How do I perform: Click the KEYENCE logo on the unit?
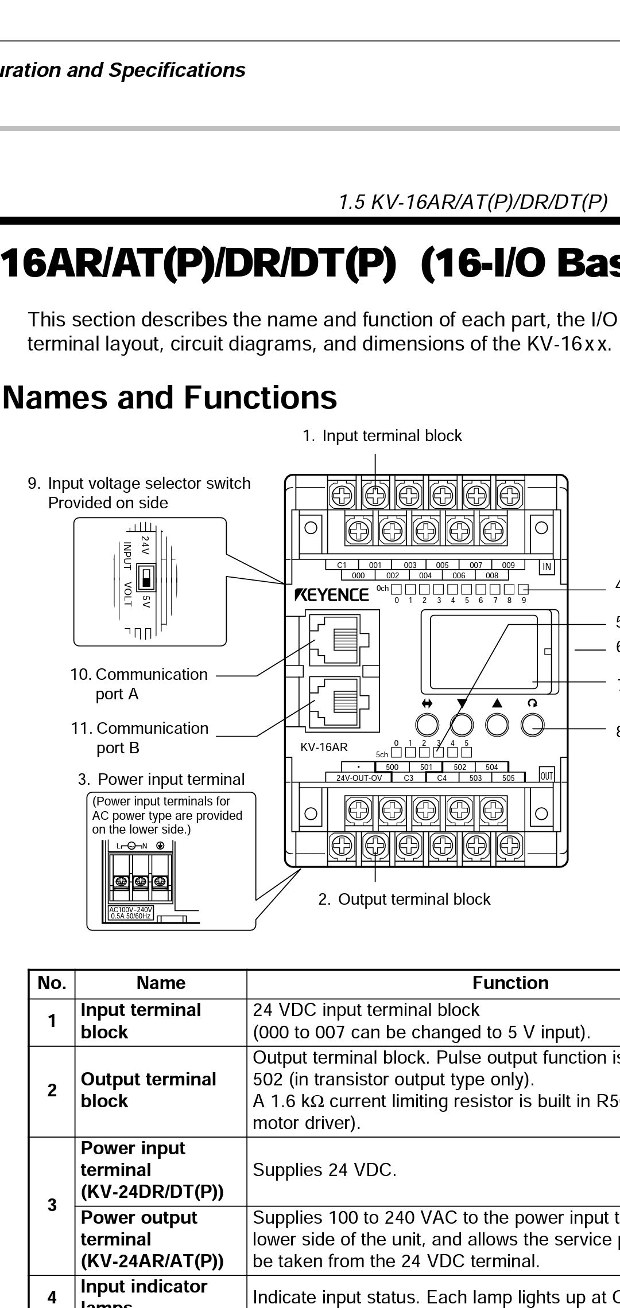pyautogui.click(x=332, y=594)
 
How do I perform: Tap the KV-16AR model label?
pyautogui.click(x=324, y=748)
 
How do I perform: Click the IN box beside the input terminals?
pyautogui.click(x=547, y=567)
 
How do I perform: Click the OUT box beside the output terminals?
pyautogui.click(x=547, y=776)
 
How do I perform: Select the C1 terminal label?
pyautogui.click(x=342, y=565)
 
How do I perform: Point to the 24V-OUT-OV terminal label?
pyautogui.click(x=359, y=778)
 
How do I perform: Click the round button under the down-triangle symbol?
pyautogui.click(x=462, y=725)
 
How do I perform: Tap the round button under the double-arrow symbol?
pyautogui.click(x=427, y=725)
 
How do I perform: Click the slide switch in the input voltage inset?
pyautogui.click(x=147, y=578)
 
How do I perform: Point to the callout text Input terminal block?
pyautogui.click(x=392, y=436)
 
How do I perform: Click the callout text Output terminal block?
pyautogui.click(x=413, y=899)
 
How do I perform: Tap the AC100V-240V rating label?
pyautogui.click(x=131, y=913)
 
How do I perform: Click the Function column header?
pyautogui.click(x=510, y=983)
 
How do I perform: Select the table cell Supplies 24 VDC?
pyautogui.click(x=324, y=1170)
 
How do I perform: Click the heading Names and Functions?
pyautogui.click(x=170, y=397)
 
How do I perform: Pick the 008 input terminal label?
pyautogui.click(x=492, y=575)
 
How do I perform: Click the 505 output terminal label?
pyautogui.click(x=508, y=778)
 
